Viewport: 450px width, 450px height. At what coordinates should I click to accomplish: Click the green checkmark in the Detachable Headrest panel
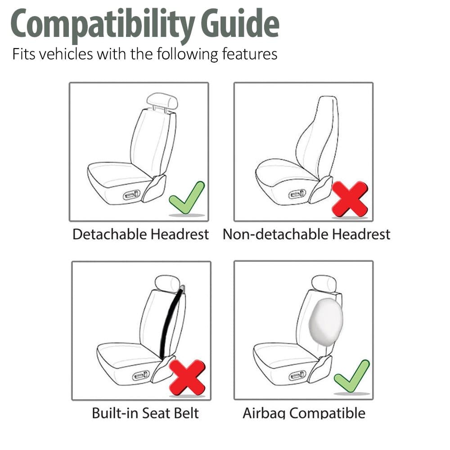(x=186, y=198)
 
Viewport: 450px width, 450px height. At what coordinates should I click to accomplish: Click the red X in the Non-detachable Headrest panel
(x=349, y=198)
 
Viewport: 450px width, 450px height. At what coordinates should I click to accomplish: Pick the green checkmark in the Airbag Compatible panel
(x=352, y=376)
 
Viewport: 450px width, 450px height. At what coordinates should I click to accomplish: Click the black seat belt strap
(x=171, y=322)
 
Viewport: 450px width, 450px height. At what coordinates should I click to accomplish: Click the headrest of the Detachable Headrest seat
(x=162, y=101)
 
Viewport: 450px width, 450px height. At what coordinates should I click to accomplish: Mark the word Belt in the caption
(x=185, y=413)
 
